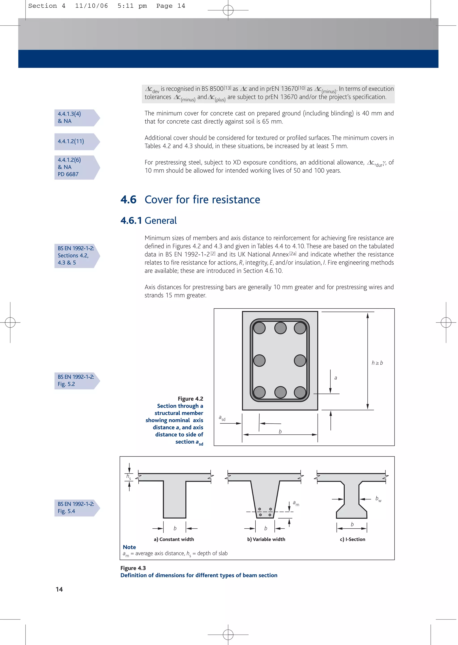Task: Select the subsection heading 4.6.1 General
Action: (149, 221)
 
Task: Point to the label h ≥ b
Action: (377, 363)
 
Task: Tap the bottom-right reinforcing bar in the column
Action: (300, 392)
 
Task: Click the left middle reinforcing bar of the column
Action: (259, 360)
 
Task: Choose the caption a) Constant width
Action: (174, 539)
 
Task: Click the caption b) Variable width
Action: (266, 539)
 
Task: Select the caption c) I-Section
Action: (352, 539)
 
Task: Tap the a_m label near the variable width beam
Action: (296, 503)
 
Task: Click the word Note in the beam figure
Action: (129, 547)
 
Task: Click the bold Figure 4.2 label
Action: (190, 399)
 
